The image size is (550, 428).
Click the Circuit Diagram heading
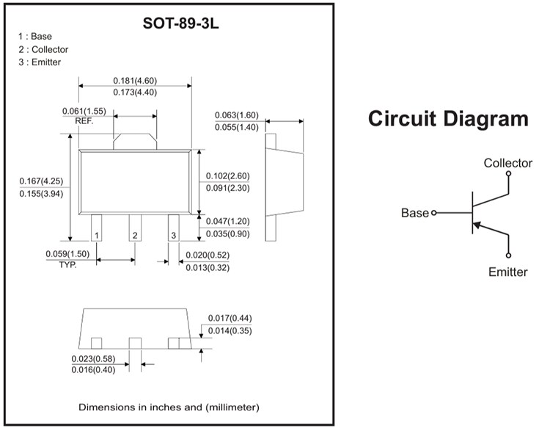(447, 118)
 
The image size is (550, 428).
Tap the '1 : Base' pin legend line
(35, 36)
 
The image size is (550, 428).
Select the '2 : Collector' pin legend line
(43, 49)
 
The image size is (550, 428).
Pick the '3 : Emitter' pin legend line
(40, 62)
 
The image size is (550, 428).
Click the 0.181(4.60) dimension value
(135, 80)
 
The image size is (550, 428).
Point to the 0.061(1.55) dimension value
(84, 111)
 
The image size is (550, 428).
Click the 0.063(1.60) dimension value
(237, 115)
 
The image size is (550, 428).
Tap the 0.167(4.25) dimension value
(41, 181)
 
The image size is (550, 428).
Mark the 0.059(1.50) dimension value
(67, 254)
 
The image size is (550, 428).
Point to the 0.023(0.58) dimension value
(94, 358)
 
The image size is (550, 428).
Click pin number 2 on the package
(135, 236)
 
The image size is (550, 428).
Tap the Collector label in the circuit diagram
(508, 163)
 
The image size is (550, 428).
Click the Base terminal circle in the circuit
(433, 213)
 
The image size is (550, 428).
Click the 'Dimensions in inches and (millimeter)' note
(169, 406)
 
